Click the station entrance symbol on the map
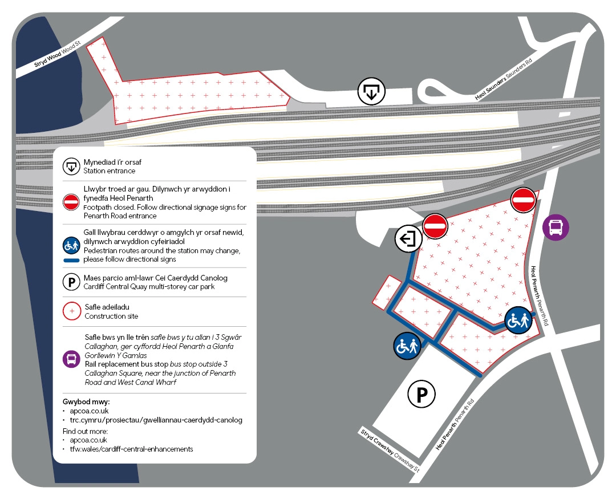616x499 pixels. pos(371,92)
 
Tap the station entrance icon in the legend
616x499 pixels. pos(71,167)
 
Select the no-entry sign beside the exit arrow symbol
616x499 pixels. pos(435,226)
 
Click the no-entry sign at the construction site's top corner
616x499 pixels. pos(523,200)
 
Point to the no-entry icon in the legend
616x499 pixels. pos(71,202)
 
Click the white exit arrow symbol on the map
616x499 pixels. pos(408,238)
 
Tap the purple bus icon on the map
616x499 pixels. pos(556,228)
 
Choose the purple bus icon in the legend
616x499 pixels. pos(71,359)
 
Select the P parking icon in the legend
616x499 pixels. pos(71,282)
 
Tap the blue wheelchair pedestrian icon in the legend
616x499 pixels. pos(71,246)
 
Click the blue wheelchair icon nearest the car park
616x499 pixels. pos(407,346)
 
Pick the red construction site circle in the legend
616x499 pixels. pos(71,311)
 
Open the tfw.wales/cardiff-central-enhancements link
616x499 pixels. pos(131,449)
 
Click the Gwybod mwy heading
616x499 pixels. pos(86,401)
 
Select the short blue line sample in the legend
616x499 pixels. pos(71,260)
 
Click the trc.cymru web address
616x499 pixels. pos(156,420)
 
